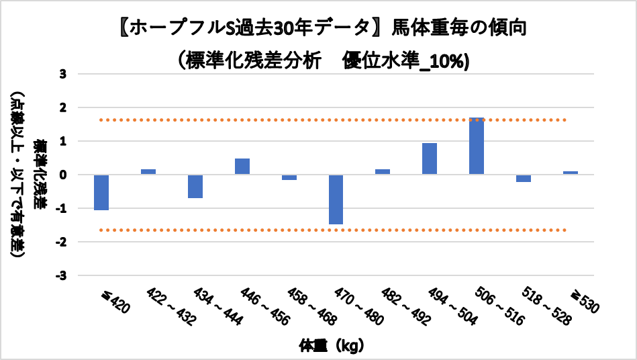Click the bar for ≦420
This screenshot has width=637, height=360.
(x=101, y=192)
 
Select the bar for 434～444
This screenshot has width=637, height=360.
(x=195, y=186)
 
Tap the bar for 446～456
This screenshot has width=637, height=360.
(x=242, y=167)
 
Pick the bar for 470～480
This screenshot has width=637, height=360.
(x=336, y=199)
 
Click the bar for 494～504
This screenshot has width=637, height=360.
(x=430, y=159)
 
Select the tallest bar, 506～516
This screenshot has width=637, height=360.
(x=477, y=146)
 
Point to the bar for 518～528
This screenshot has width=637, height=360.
(x=524, y=178)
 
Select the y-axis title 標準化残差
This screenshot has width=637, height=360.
(x=42, y=175)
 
